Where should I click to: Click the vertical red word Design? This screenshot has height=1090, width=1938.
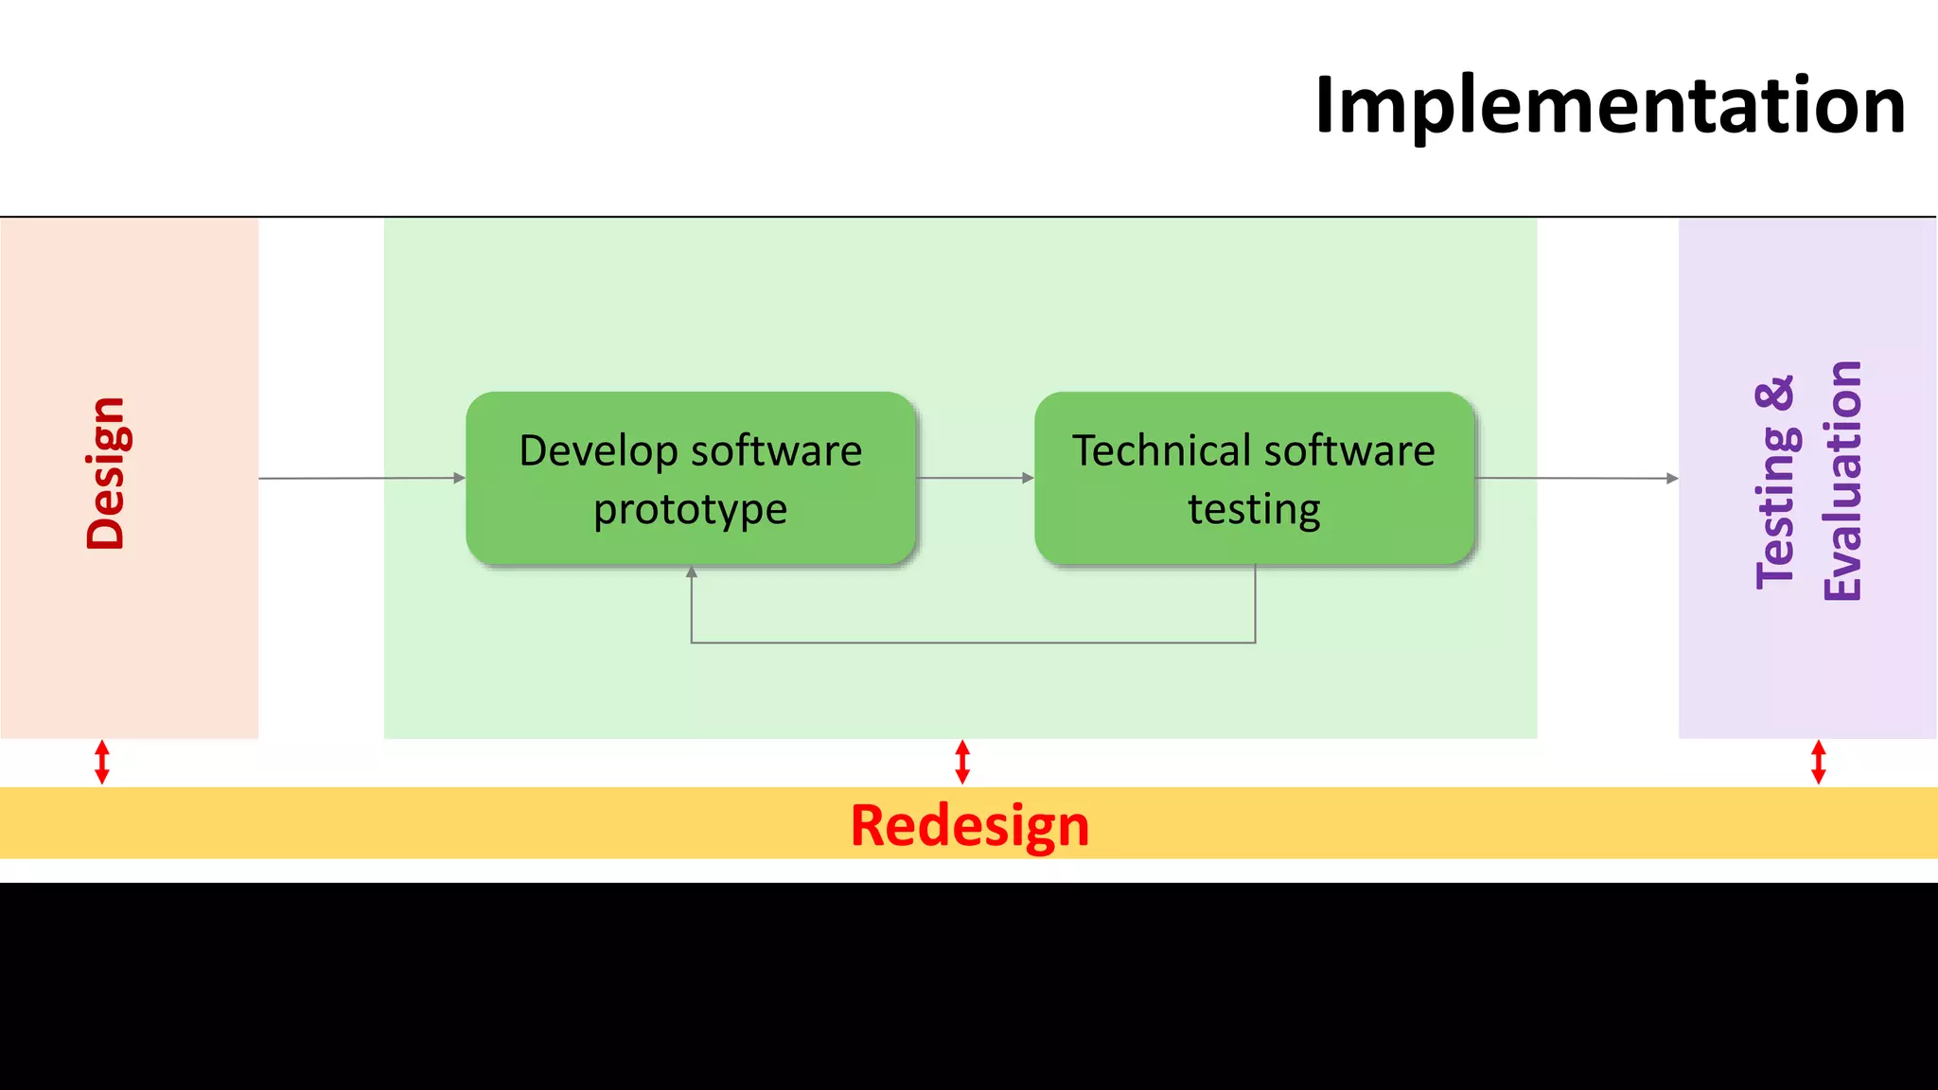pos(106,473)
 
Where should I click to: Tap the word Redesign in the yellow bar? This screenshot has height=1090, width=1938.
pos(969,825)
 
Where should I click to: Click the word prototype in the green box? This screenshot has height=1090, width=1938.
pos(690,510)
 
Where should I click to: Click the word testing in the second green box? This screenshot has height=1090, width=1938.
pos(1254,510)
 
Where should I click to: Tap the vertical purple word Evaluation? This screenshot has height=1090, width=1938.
pos(1842,481)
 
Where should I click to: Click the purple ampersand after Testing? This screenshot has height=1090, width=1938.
pos(1776,394)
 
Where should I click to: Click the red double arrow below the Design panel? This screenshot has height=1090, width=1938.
pos(102,763)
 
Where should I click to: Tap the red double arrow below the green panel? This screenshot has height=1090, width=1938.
pos(962,763)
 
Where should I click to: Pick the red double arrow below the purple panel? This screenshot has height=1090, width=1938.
pos(1818,763)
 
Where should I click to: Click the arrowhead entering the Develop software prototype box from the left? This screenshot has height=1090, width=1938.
pos(460,478)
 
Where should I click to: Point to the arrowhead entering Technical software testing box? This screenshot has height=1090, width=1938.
pos(1029,478)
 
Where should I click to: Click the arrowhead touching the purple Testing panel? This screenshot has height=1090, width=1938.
pos(1672,479)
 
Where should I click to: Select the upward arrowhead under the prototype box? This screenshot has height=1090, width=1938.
pos(692,572)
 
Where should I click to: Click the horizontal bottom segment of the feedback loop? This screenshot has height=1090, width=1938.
pos(973,642)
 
